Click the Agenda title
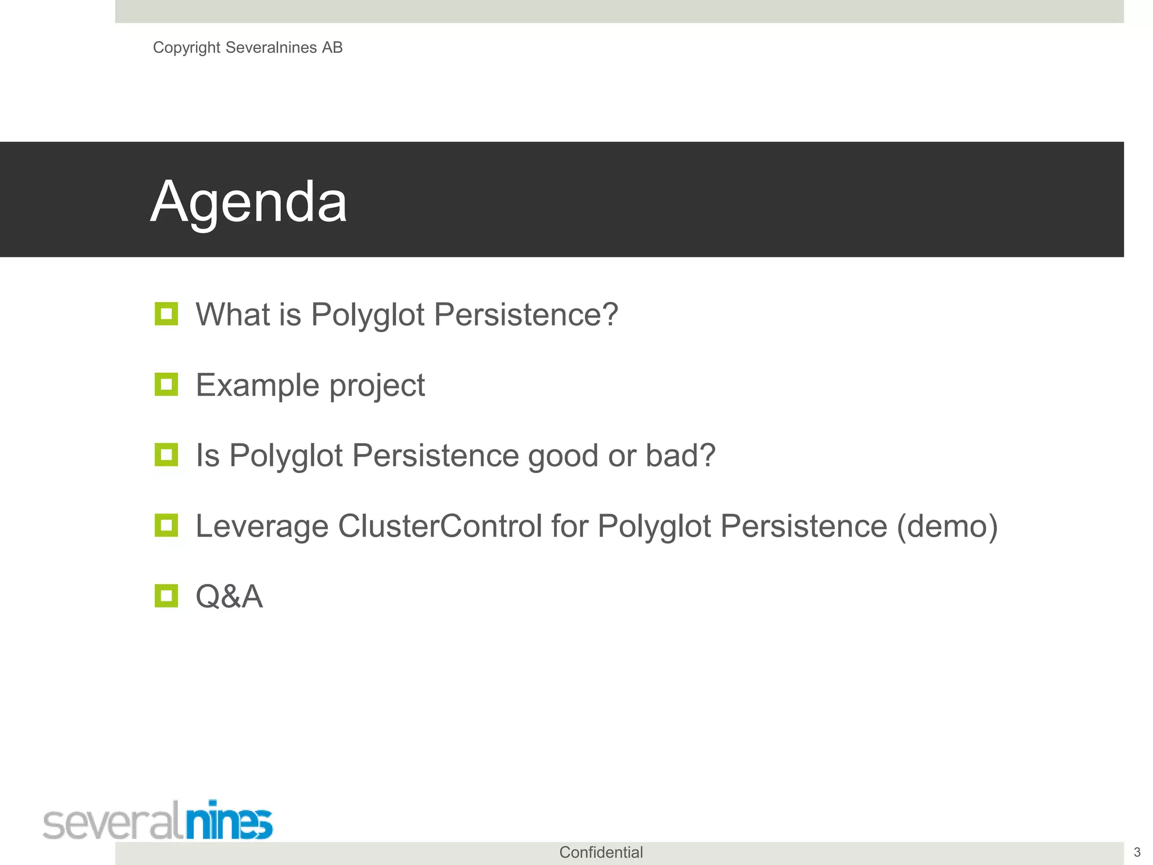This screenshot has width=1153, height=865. coord(249,202)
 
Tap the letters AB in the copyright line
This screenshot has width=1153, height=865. coord(332,48)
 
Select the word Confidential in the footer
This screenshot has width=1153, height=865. coord(601,852)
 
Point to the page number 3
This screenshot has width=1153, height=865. coord(1137,852)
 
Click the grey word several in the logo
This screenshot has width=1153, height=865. coord(113,823)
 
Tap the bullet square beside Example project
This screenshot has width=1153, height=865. coord(166,385)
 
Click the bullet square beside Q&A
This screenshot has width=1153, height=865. coord(166,596)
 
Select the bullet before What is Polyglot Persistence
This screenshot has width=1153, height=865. coord(166,314)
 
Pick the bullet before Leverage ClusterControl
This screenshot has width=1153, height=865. coord(166,525)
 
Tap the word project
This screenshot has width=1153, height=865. coord(377,386)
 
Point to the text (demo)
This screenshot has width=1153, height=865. coord(947,526)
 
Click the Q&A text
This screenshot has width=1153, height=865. coord(229,596)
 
